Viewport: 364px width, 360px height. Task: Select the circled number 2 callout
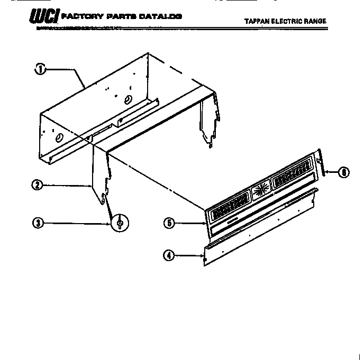(x=37, y=185)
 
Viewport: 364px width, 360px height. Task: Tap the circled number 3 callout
(x=37, y=223)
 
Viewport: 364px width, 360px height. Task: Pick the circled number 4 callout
(x=169, y=256)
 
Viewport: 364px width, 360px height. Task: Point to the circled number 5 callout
(x=169, y=223)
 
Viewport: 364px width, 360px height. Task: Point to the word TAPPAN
(x=257, y=22)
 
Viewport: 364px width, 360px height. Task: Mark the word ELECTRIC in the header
(x=289, y=22)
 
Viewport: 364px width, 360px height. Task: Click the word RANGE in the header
(x=317, y=22)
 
